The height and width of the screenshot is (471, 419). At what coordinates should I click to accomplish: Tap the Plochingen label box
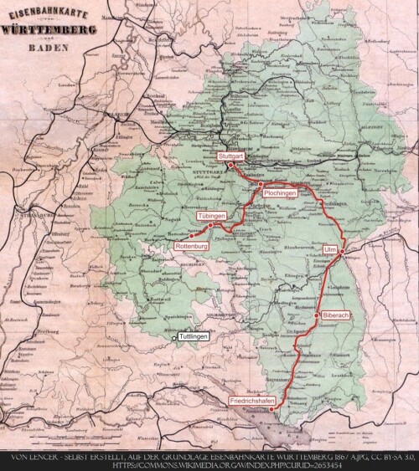[x=278, y=193]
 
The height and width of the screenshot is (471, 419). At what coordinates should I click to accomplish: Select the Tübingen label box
[x=212, y=216]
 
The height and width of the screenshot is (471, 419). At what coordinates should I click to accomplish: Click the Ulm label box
[x=330, y=249]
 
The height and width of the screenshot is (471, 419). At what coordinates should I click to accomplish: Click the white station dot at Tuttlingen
[x=174, y=339]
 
